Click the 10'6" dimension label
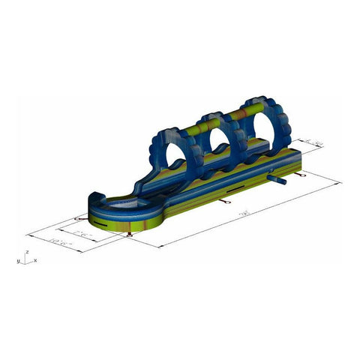pos(59,241)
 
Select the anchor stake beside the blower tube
pos(301,175)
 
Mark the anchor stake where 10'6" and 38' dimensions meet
pos(132,234)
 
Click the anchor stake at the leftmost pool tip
pos(77,219)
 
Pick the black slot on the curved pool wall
pos(101,222)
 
